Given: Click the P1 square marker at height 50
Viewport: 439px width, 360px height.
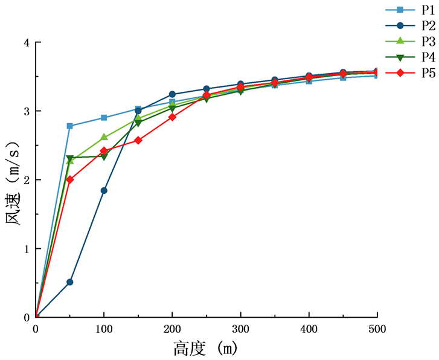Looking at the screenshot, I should pyautogui.click(x=70, y=126).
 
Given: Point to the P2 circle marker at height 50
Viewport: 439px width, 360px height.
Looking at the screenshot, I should pyautogui.click(x=70, y=282).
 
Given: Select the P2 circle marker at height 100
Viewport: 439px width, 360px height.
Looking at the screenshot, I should pyautogui.click(x=104, y=190).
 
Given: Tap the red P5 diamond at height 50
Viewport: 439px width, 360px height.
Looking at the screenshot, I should pyautogui.click(x=70, y=179).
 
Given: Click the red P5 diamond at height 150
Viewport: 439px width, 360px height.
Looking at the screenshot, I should pyautogui.click(x=138, y=140).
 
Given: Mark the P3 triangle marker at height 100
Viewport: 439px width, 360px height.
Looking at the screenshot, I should pyautogui.click(x=104, y=137).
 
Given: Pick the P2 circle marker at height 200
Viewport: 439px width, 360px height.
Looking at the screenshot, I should pyautogui.click(x=172, y=94).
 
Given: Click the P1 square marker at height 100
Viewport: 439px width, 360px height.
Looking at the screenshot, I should pyautogui.click(x=104, y=118).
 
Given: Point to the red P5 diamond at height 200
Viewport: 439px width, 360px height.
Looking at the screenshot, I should pyautogui.click(x=172, y=117).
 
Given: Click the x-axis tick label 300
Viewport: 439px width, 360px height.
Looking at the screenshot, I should pyautogui.click(x=241, y=329).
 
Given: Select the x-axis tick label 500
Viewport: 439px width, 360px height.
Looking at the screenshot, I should pyautogui.click(x=377, y=329).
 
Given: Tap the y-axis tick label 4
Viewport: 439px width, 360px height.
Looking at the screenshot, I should pyautogui.click(x=25, y=43).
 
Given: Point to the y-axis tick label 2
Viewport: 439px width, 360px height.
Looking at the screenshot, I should pyautogui.click(x=25, y=180).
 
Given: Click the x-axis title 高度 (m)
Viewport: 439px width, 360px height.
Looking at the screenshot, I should pyautogui.click(x=205, y=349).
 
